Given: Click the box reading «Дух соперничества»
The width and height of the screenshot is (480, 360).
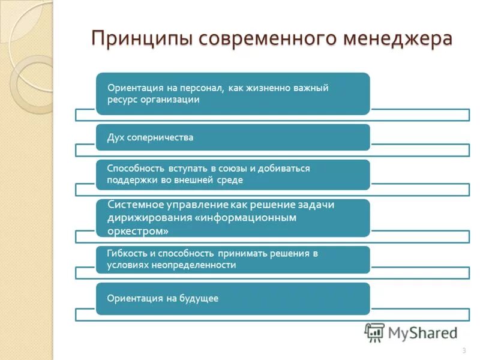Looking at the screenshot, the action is pos(233,137).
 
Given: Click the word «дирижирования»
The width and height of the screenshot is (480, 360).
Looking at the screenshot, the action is pos(149,217).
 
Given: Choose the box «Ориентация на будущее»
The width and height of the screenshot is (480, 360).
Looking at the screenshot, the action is pos(233,298).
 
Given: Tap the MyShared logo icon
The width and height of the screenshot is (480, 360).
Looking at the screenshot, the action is pos(375,332).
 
